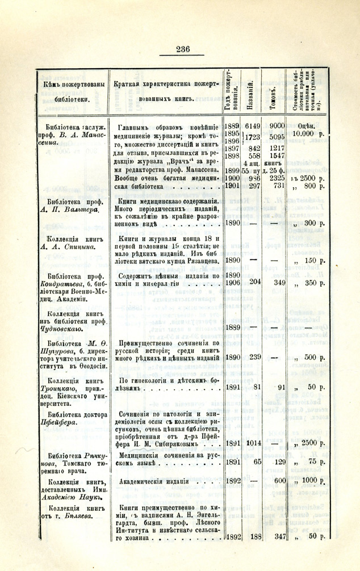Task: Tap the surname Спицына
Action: pyautogui.click(x=73, y=246)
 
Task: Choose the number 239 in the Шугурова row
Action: pyautogui.click(x=254, y=357)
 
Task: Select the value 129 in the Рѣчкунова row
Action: pyautogui.click(x=277, y=462)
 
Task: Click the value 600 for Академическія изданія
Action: pyautogui.click(x=277, y=481)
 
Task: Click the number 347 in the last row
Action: pyautogui.click(x=277, y=536)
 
